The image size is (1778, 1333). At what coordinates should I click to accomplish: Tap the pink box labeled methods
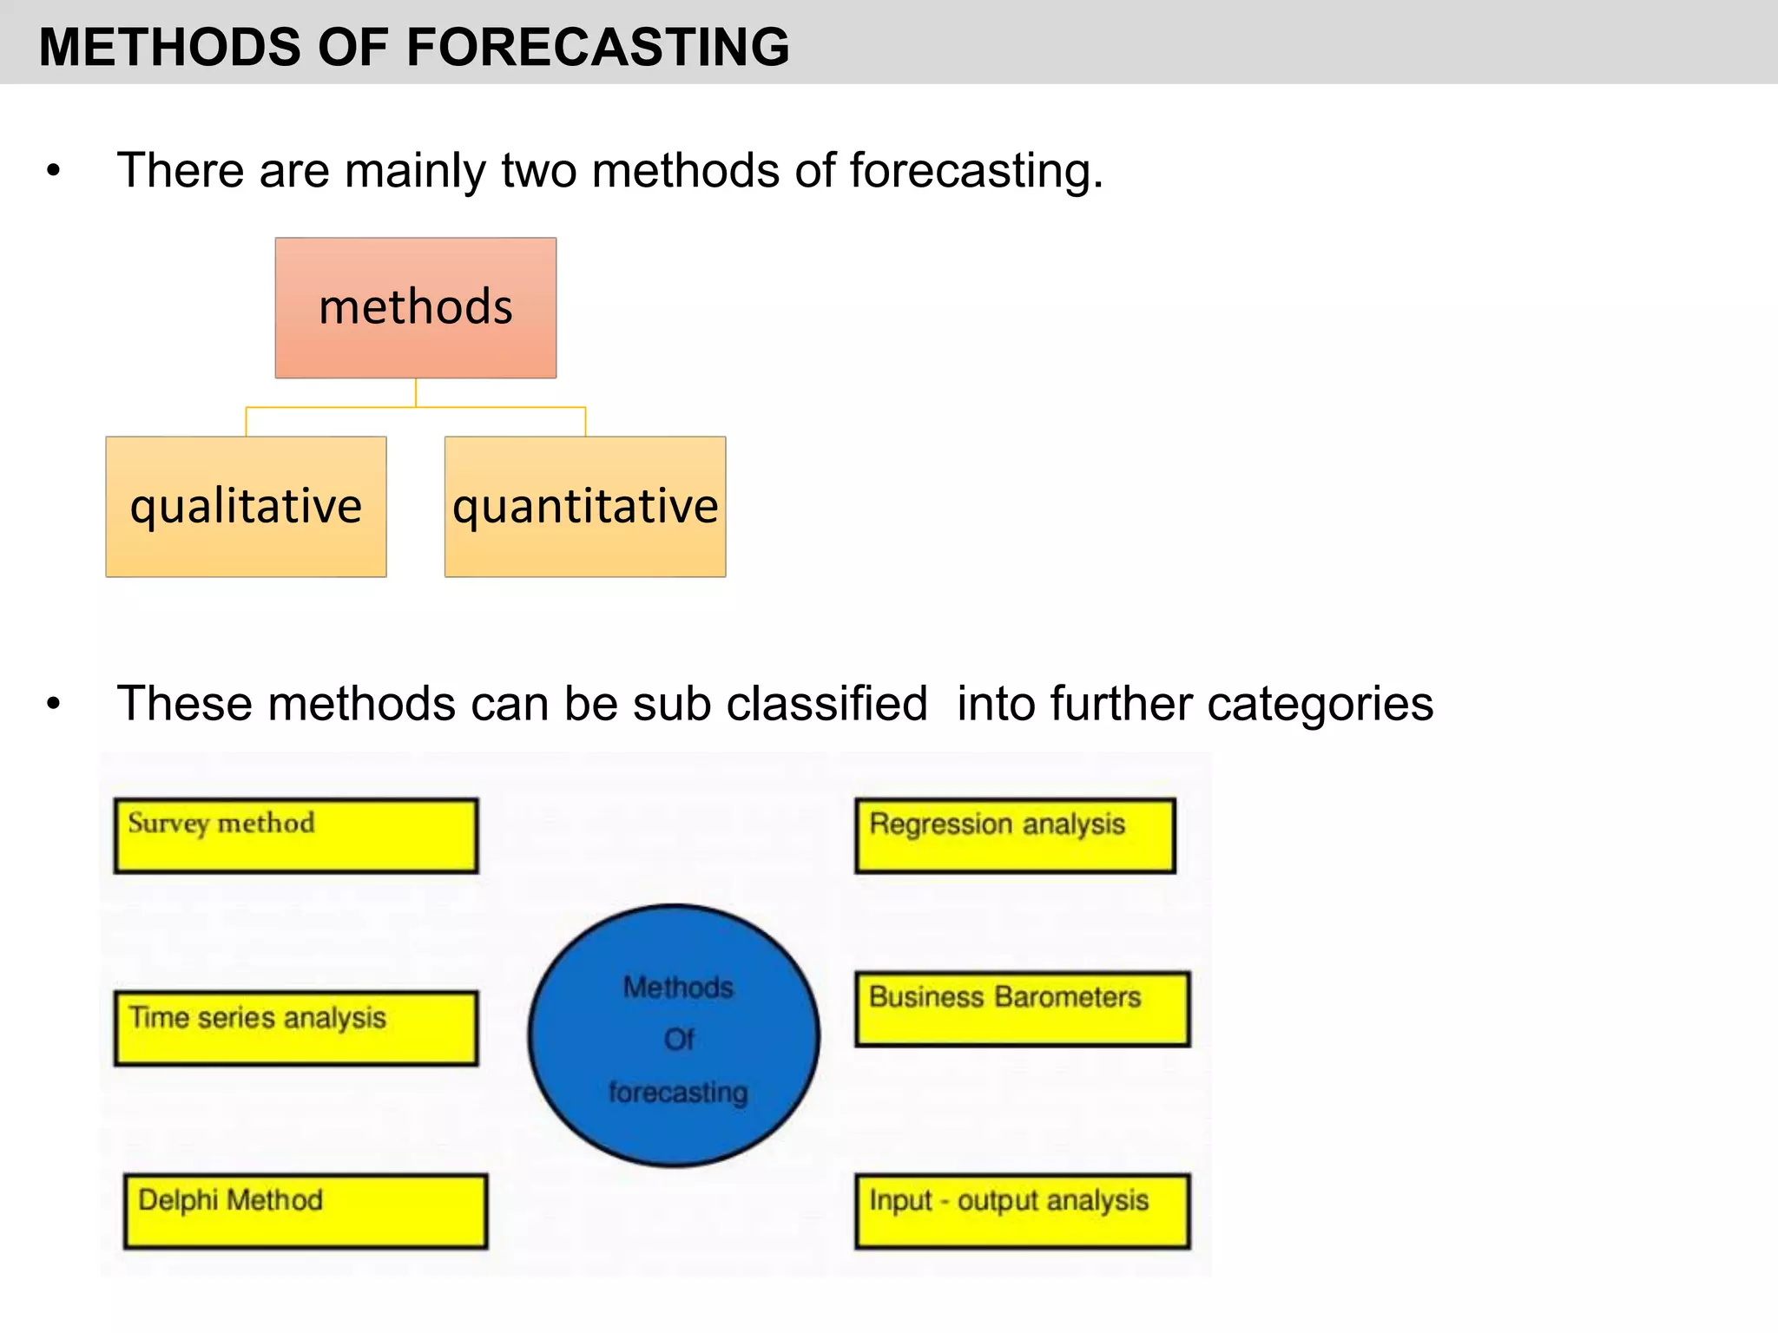tap(416, 308)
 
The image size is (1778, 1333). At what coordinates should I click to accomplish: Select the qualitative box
tap(246, 507)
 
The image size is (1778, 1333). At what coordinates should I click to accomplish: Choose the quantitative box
tap(585, 507)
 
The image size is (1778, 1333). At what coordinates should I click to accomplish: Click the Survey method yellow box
tap(296, 836)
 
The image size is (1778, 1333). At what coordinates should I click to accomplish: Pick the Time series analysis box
tap(296, 1028)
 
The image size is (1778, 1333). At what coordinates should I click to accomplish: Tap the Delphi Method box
tap(306, 1212)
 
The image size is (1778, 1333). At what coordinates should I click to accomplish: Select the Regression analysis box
tap(1015, 836)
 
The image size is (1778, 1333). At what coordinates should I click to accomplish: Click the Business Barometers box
tap(1022, 1009)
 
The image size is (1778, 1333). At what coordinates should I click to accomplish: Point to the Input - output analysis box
tap(1022, 1212)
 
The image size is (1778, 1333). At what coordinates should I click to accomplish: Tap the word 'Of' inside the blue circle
tap(679, 1040)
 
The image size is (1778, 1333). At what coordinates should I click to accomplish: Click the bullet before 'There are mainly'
tap(54, 171)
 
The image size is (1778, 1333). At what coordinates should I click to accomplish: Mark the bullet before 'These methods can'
tap(54, 704)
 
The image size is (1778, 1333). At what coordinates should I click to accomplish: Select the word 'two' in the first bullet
tap(539, 170)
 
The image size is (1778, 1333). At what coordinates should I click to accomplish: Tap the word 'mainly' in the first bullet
tap(416, 170)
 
